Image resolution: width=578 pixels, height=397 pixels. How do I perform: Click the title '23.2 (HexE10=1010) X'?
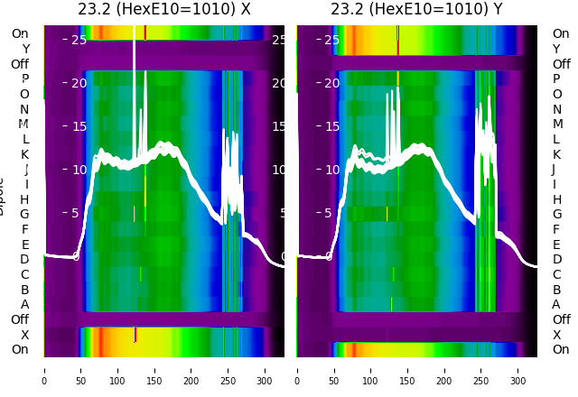click(163, 10)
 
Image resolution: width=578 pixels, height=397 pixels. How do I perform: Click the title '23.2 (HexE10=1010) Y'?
click(416, 10)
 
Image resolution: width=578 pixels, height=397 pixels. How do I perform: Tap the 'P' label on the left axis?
click(25, 79)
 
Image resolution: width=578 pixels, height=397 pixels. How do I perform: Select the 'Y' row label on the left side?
click(25, 50)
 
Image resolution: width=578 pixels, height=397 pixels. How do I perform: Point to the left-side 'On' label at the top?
click(20, 34)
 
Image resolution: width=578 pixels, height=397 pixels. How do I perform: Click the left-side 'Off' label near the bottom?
click(20, 319)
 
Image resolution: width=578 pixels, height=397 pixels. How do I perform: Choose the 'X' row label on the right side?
click(556, 335)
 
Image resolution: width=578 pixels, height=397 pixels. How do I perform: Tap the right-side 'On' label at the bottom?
click(561, 349)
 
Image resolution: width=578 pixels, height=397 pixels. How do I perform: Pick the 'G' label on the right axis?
click(556, 215)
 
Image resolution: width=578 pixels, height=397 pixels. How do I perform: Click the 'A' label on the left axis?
click(25, 305)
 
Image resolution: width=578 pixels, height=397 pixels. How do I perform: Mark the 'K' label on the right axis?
click(556, 154)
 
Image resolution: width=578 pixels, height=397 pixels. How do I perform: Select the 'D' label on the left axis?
click(25, 260)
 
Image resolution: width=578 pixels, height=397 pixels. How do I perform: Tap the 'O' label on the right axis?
click(556, 94)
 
